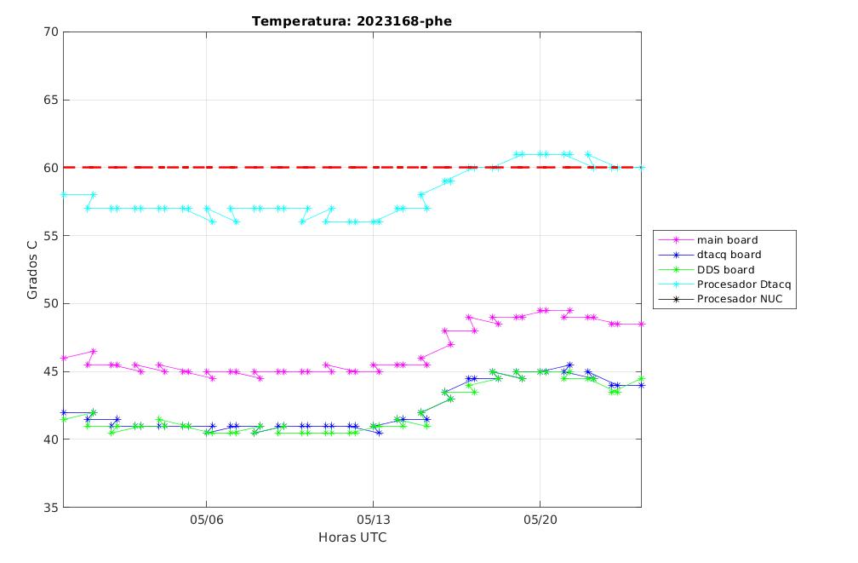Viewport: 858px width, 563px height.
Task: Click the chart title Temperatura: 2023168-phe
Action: pyautogui.click(x=352, y=21)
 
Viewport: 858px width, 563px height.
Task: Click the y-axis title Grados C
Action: pyautogui.click(x=32, y=269)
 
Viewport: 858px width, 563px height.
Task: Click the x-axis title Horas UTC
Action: pyautogui.click(x=352, y=537)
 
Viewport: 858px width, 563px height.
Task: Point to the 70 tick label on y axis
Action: pyautogui.click(x=50, y=32)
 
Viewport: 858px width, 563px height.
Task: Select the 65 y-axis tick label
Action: pyautogui.click(x=50, y=100)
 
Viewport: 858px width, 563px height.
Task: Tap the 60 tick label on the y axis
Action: pyautogui.click(x=50, y=168)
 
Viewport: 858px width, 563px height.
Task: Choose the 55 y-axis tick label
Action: pyautogui.click(x=50, y=235)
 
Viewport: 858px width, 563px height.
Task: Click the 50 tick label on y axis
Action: pyautogui.click(x=50, y=303)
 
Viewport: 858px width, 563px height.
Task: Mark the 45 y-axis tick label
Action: pyautogui.click(x=50, y=371)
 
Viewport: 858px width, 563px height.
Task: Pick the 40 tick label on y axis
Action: pyautogui.click(x=50, y=439)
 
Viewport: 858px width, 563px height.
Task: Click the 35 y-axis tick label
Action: pyautogui.click(x=50, y=507)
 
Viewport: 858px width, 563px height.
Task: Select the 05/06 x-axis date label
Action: pyautogui.click(x=207, y=520)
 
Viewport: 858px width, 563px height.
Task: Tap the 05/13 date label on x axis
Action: pyautogui.click(x=374, y=520)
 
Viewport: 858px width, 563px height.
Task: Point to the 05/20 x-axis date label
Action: pyautogui.click(x=541, y=520)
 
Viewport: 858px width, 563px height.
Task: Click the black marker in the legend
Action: pyautogui.click(x=676, y=299)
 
